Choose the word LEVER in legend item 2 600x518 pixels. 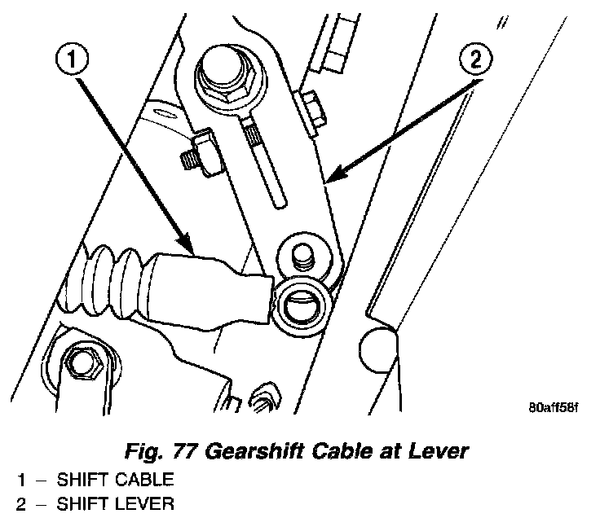(148, 504)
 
